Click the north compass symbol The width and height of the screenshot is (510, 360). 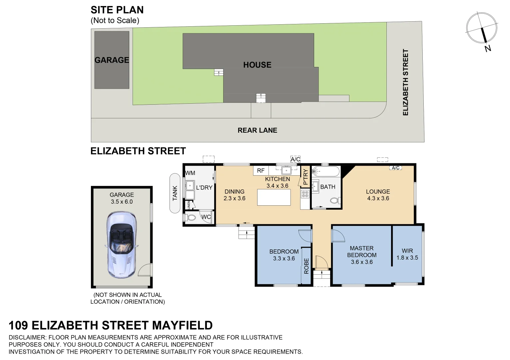pos(482,29)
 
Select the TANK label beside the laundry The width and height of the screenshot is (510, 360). pos(175,193)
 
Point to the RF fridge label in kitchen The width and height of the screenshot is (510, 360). pos(260,171)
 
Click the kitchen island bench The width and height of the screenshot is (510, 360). pos(274,197)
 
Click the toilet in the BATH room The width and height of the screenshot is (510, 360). pos(334,201)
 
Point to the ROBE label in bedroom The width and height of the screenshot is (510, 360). pos(306,266)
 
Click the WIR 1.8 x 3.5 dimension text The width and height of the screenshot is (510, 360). pos(407,258)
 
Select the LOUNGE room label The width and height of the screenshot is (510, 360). pos(378,192)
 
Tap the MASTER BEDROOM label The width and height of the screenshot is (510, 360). pos(362,252)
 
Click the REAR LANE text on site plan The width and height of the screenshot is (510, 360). pos(257,130)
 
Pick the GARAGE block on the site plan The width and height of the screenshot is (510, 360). pos(112,60)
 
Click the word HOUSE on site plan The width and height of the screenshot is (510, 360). pos(257,65)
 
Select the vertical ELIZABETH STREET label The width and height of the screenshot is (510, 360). pos(405,82)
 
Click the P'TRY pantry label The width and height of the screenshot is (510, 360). pos(305,177)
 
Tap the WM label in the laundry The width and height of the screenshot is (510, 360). pos(190,173)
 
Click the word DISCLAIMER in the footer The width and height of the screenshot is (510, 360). pos(28,337)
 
